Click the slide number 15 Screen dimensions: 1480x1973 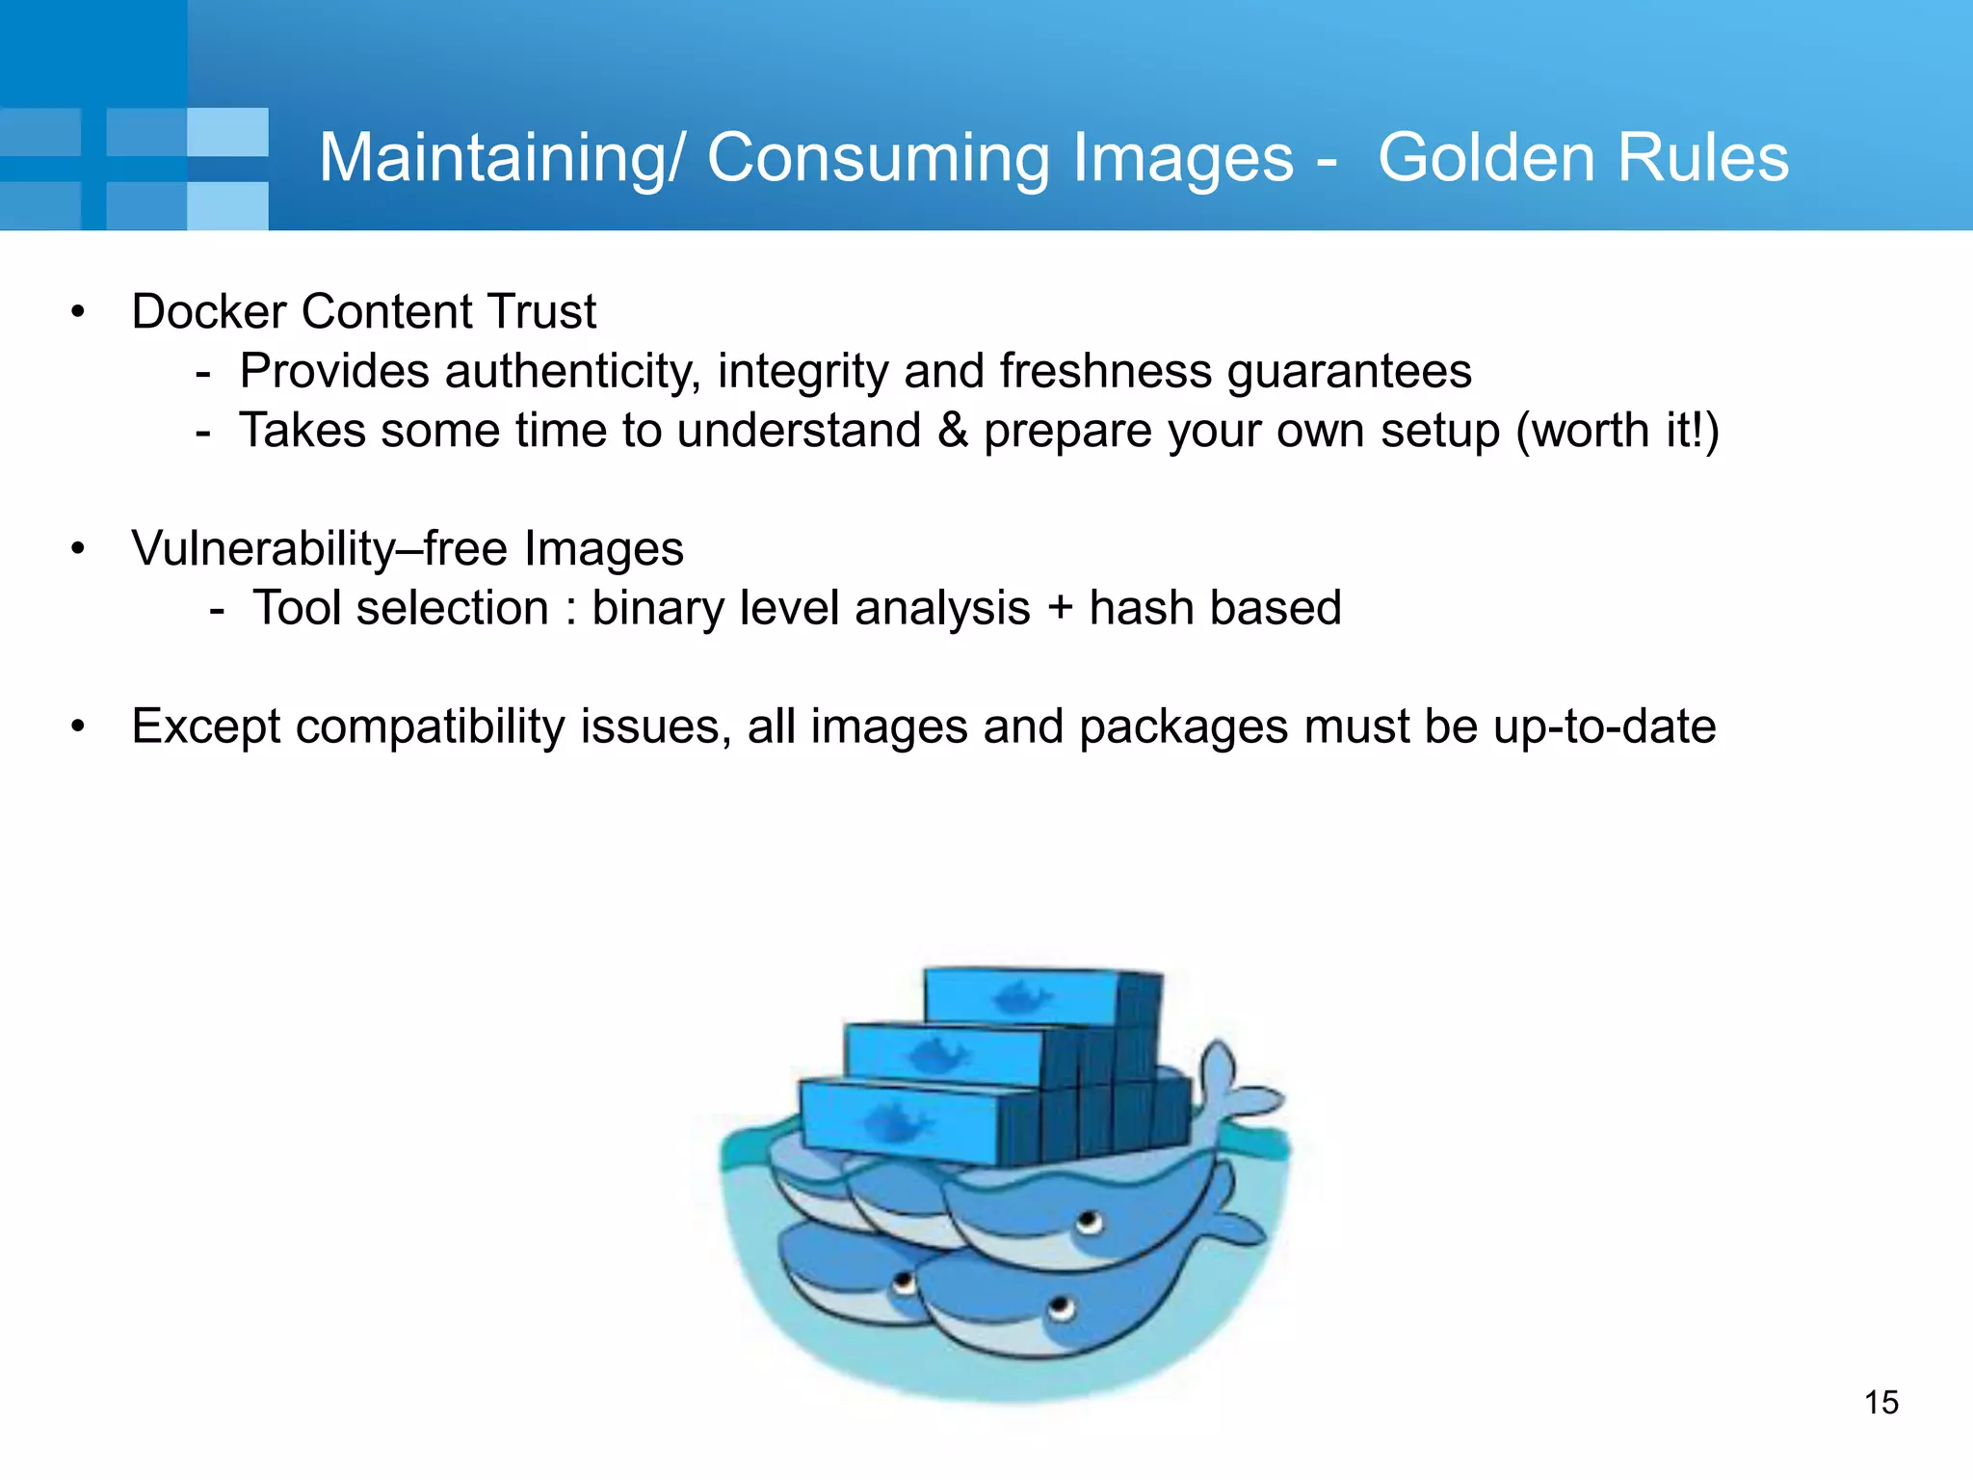point(1881,1402)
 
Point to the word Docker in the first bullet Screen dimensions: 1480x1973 point(209,311)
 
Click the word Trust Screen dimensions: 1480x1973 point(541,311)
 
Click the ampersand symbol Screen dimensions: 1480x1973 point(952,430)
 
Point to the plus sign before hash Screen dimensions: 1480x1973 point(1059,609)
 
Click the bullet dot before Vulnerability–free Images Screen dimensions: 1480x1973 point(78,549)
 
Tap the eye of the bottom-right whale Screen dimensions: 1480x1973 point(1061,1308)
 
